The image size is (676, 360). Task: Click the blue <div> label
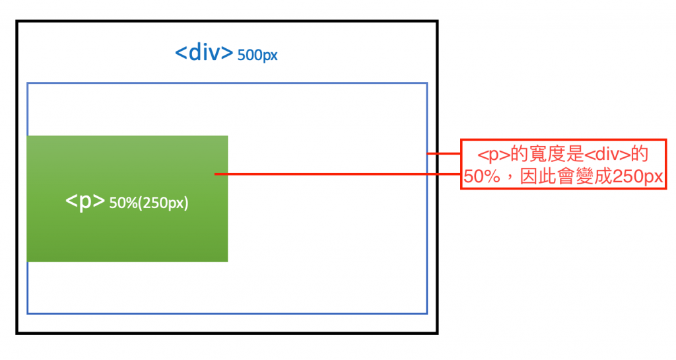[x=204, y=52]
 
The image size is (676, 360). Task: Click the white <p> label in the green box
[x=85, y=202]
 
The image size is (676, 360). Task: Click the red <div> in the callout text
[x=607, y=155]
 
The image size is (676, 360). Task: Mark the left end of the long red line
[x=215, y=174]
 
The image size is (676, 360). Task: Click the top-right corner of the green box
[x=228, y=136]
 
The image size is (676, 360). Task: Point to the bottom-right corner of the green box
[x=228, y=262]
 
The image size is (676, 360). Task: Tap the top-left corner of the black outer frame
[x=17, y=22]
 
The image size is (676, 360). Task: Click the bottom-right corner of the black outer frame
[x=437, y=333]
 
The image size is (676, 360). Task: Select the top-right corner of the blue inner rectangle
[x=427, y=83]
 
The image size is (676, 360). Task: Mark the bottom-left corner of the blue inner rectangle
[x=27, y=313]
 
